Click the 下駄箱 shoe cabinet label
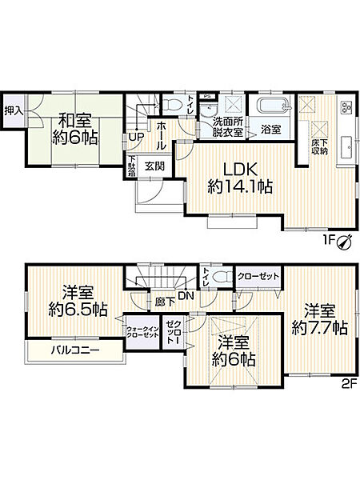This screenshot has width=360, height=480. (133, 165)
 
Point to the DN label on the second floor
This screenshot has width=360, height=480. (184, 296)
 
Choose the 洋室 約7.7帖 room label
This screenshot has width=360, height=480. (318, 318)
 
